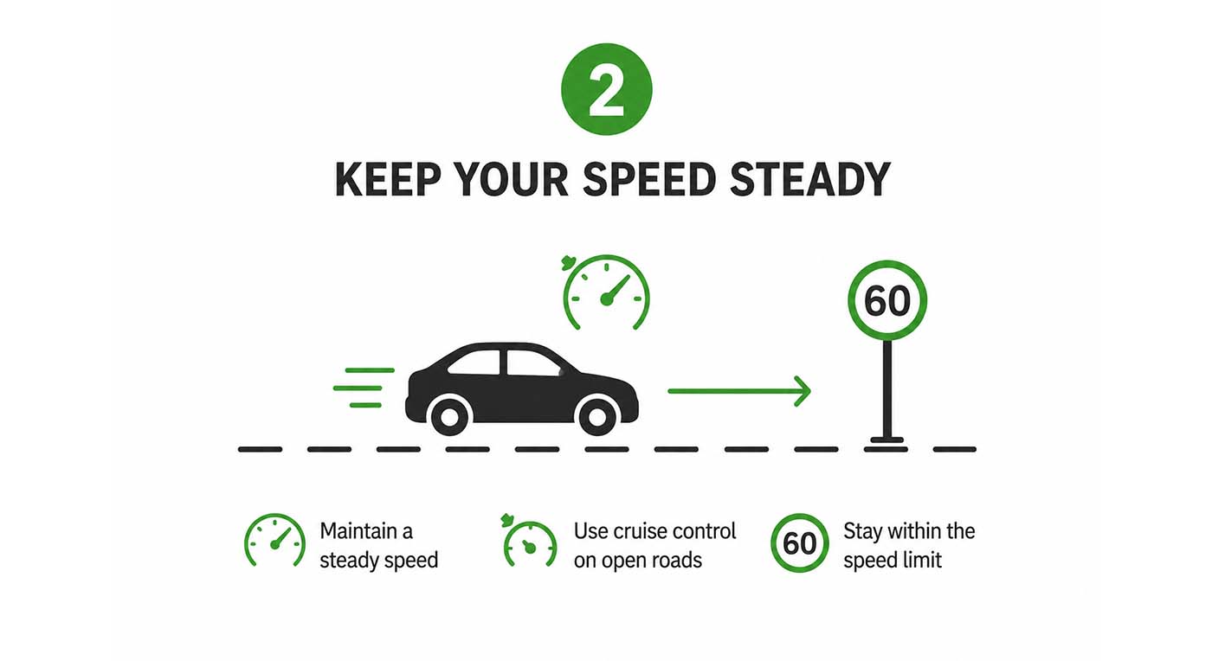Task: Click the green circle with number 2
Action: pos(607,89)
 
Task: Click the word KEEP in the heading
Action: pos(388,180)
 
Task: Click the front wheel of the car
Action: pos(596,416)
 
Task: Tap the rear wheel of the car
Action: pos(449,416)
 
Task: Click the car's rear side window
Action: pos(474,362)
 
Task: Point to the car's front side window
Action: pos(533,363)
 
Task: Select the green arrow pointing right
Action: pos(739,390)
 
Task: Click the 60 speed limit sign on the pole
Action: pos(887,300)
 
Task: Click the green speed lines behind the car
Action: pos(364,388)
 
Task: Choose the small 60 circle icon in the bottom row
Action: pos(800,542)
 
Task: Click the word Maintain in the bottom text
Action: pos(358,531)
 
